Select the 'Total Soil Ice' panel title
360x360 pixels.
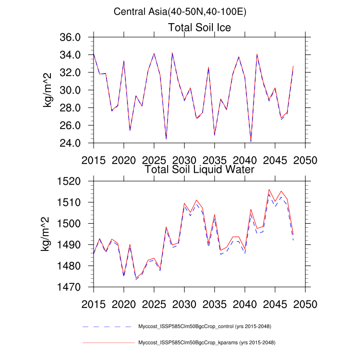coord(200,28)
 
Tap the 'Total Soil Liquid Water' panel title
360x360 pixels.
coord(200,169)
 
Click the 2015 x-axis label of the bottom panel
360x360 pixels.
coord(94,303)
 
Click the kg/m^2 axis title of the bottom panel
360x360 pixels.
coord(48,234)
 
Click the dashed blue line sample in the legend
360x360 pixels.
coord(107,327)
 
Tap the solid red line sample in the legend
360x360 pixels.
coord(107,342)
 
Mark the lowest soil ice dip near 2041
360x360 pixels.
coord(251,141)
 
